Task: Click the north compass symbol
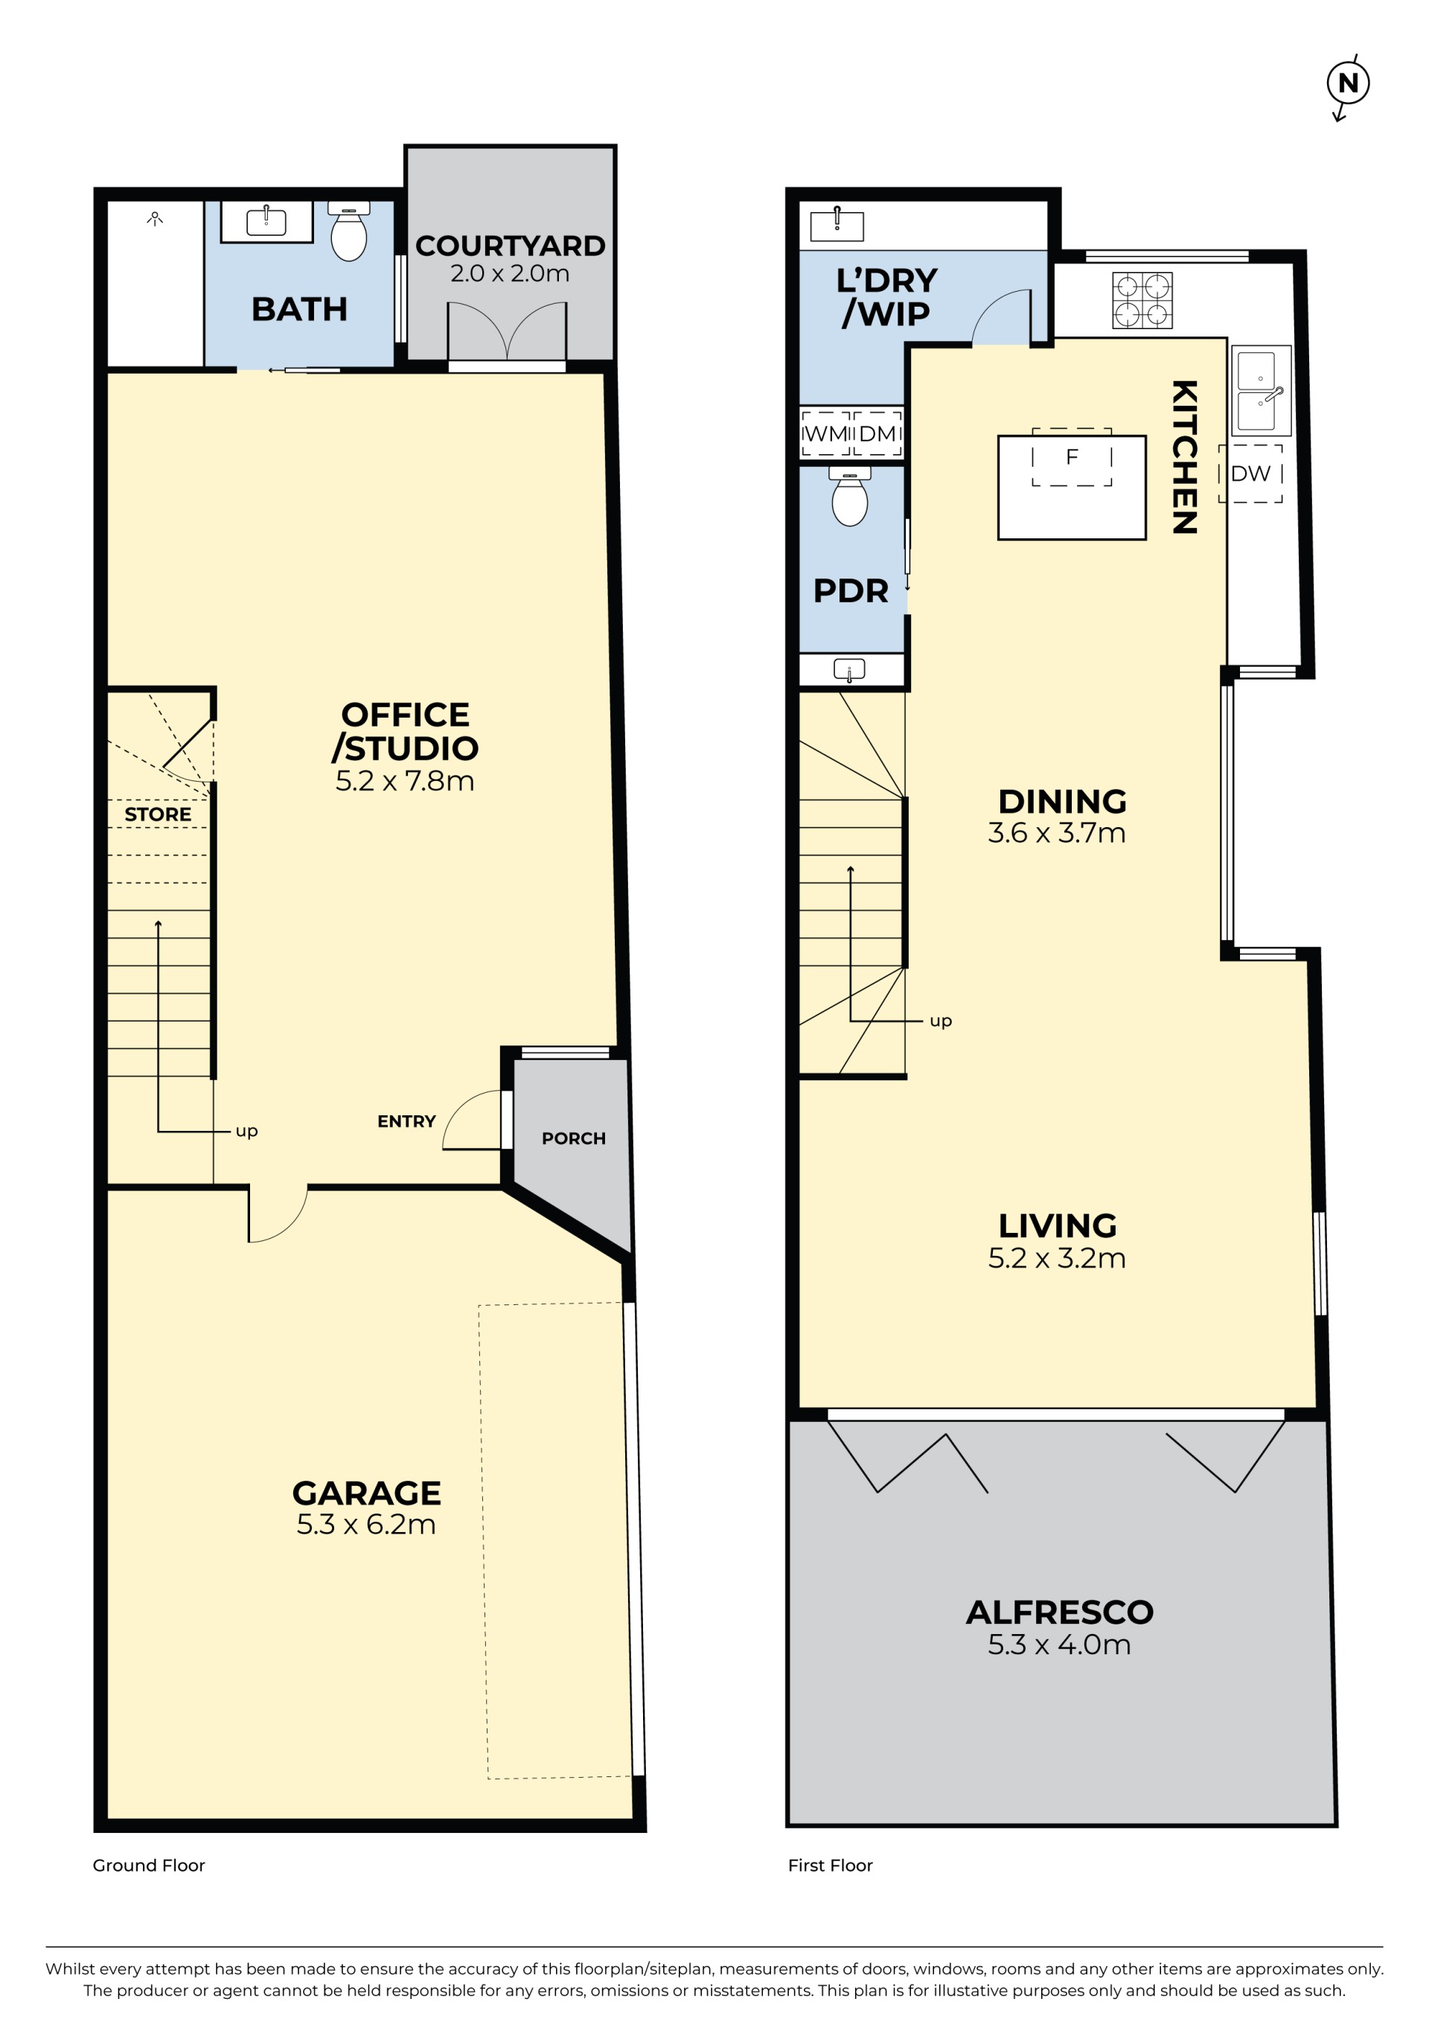tap(1348, 85)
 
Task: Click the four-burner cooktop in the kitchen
tap(1142, 300)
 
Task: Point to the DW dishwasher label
tap(1250, 473)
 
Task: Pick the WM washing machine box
tap(826, 433)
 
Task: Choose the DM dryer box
tap(877, 433)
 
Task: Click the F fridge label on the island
tap(1072, 457)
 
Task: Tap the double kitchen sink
tap(1261, 390)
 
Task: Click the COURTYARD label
tap(510, 246)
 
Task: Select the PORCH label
tap(573, 1139)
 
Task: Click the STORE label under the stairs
tap(158, 814)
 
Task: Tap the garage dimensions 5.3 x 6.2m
tap(366, 1525)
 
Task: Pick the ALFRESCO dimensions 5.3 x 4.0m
tap(1058, 1645)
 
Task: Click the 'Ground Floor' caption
tap(149, 1865)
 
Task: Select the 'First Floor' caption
tap(831, 1865)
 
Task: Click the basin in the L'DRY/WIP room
tap(837, 225)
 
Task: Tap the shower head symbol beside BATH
tap(155, 218)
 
